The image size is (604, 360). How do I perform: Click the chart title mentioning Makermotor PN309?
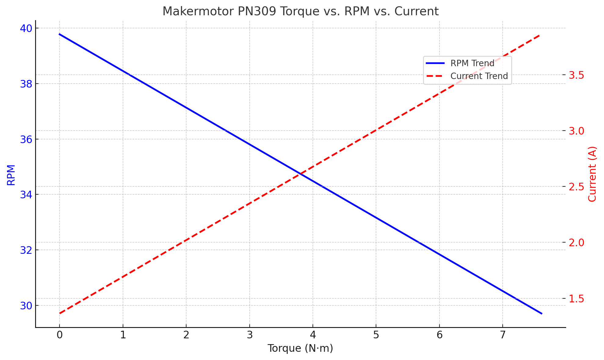[300, 11]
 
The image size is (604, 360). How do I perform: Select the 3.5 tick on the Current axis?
[576, 75]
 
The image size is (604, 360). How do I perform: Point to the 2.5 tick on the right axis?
[576, 187]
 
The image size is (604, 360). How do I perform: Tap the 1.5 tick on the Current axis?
[576, 299]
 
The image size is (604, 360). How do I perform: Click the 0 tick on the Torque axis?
[60, 335]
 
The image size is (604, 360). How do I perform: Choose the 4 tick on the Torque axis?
[313, 335]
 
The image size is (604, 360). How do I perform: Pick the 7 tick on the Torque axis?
[503, 335]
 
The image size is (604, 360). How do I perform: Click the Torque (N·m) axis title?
[300, 348]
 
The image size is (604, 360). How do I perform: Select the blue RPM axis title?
[11, 175]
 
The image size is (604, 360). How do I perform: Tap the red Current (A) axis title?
[592, 174]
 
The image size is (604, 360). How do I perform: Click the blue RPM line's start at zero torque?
[60, 34]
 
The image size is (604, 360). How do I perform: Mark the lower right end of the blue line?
[541, 313]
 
